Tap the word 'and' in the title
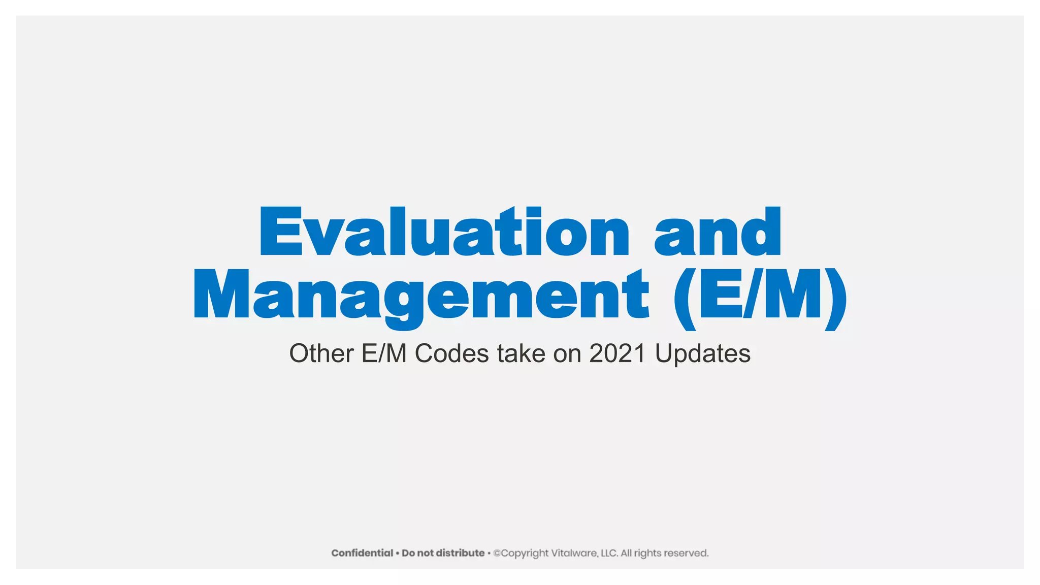tap(718, 232)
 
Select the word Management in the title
tap(420, 295)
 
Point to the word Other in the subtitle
tap(321, 353)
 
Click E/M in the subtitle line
tap(384, 353)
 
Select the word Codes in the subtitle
tap(451, 353)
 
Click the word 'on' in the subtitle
tap(567, 353)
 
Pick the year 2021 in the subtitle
tap(617, 353)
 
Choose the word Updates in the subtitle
tap(702, 353)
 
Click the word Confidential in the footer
tap(362, 553)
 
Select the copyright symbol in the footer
tap(497, 553)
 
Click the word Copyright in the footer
tap(525, 553)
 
